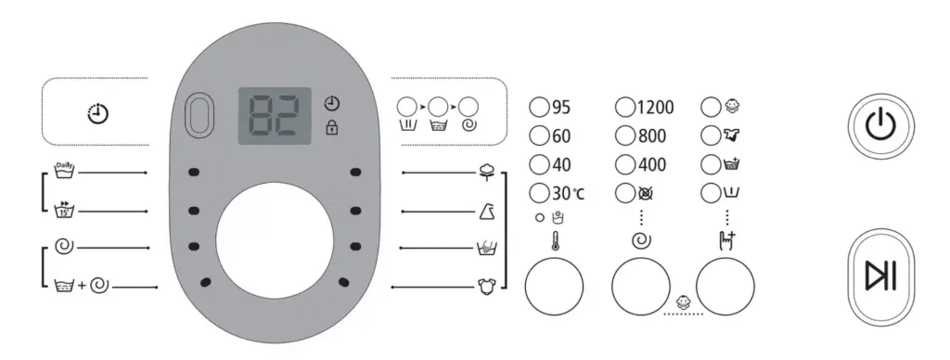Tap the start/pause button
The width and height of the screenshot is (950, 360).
(x=881, y=277)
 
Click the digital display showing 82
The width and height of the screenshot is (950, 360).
(x=275, y=116)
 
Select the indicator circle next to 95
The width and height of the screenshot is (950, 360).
(x=539, y=108)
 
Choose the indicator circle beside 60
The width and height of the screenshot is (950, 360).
(x=539, y=135)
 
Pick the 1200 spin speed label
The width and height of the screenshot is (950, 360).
(x=655, y=108)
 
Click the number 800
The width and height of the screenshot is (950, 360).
(x=652, y=135)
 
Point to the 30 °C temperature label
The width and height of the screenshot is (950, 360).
(x=568, y=194)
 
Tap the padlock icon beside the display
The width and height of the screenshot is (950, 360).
(x=332, y=128)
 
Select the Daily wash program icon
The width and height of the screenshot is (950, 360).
(x=64, y=171)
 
